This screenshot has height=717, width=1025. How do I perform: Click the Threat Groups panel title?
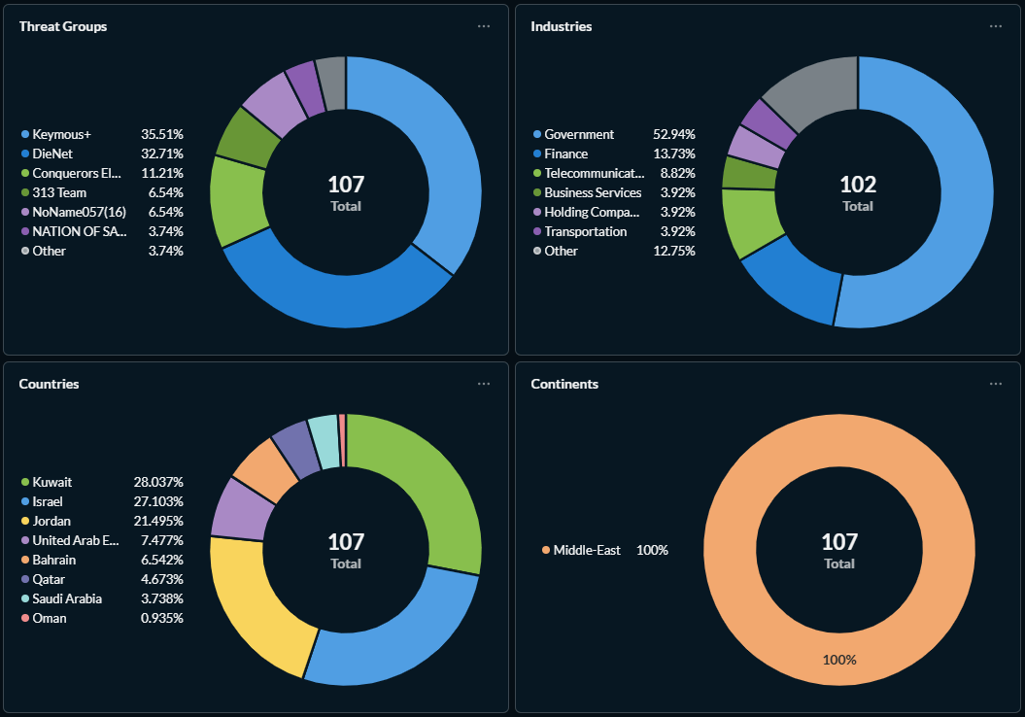tap(63, 26)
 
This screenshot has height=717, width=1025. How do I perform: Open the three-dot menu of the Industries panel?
tap(995, 26)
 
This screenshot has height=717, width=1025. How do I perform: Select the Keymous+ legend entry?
tap(61, 134)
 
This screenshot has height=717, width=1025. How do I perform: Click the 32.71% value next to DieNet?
tap(162, 154)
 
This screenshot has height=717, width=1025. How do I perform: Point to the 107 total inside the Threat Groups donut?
tap(346, 185)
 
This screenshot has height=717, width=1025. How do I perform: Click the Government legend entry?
tap(578, 134)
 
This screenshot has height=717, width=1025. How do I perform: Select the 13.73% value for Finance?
tap(674, 154)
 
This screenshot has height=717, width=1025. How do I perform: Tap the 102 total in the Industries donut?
tap(858, 185)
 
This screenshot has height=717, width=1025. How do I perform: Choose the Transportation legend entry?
tap(585, 231)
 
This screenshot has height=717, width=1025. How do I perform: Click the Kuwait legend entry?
tap(51, 482)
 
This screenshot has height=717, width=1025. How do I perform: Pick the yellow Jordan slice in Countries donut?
tap(251, 602)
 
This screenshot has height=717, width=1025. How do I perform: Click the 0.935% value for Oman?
tap(161, 618)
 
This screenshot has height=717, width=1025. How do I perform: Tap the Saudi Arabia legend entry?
tap(67, 598)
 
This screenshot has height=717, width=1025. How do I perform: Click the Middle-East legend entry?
tap(587, 550)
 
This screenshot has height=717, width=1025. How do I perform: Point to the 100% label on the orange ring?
tap(839, 660)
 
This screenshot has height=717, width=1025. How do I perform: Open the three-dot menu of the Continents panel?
tap(995, 384)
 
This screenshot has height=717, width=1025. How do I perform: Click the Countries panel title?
tap(49, 384)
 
